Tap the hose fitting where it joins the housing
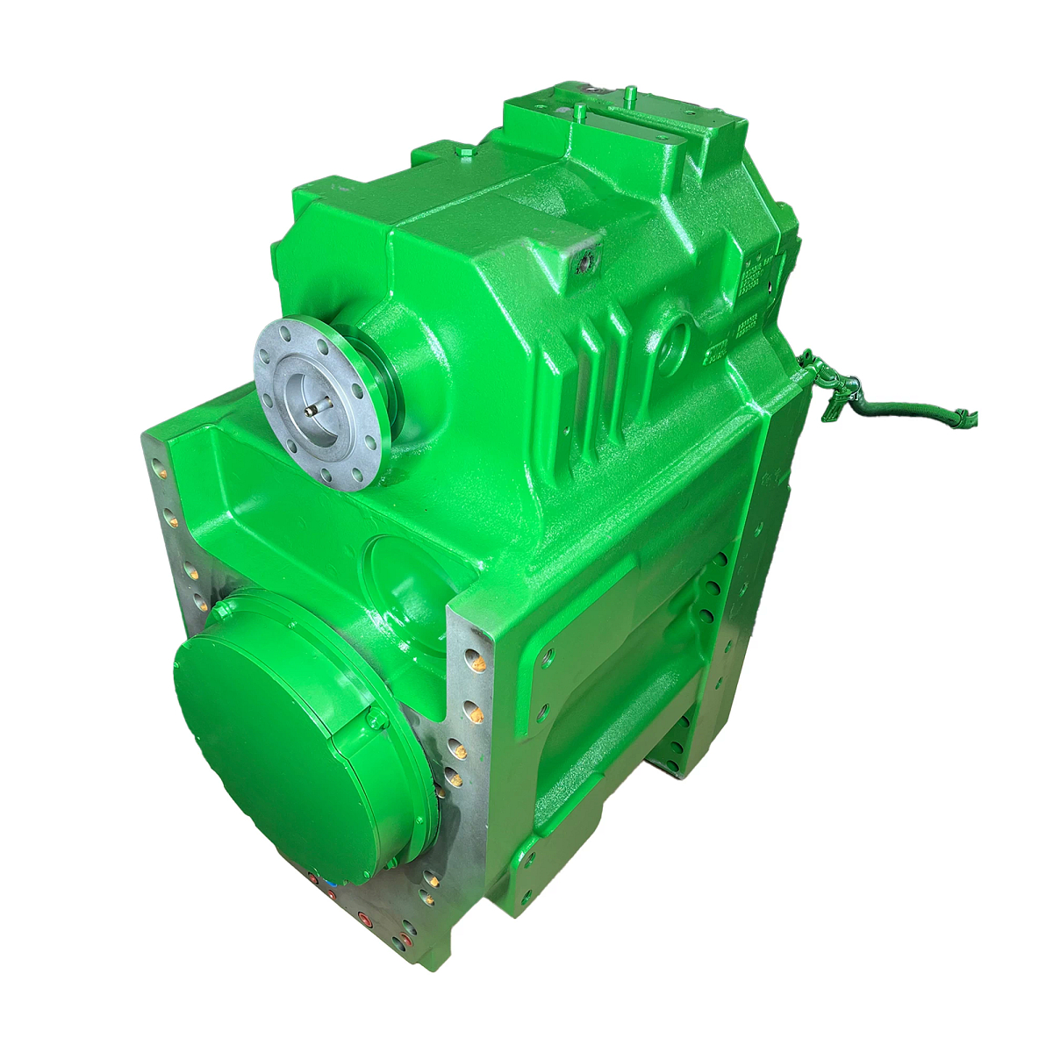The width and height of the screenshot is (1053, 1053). click(809, 357)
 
